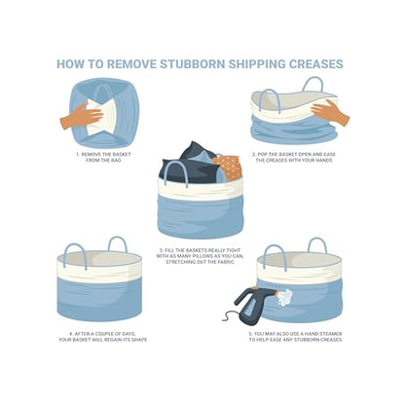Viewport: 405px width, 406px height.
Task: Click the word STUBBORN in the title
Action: (193, 64)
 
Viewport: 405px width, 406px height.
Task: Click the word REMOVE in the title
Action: (131, 64)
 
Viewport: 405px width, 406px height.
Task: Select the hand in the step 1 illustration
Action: (82, 117)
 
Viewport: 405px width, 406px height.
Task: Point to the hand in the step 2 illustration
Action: (330, 112)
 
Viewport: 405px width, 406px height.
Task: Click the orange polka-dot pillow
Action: (228, 167)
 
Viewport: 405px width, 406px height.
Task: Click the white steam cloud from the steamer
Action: (283, 298)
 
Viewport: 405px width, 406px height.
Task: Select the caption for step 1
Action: (103, 157)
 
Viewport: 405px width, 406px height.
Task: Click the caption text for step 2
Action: (294, 157)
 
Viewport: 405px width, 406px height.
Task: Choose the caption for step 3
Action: (200, 256)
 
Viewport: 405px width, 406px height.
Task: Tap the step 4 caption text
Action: (103, 337)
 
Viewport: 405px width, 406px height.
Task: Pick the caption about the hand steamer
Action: (295, 337)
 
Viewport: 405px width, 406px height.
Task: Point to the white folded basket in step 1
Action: (100, 117)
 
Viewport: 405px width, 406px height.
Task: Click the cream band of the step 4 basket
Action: (99, 270)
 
